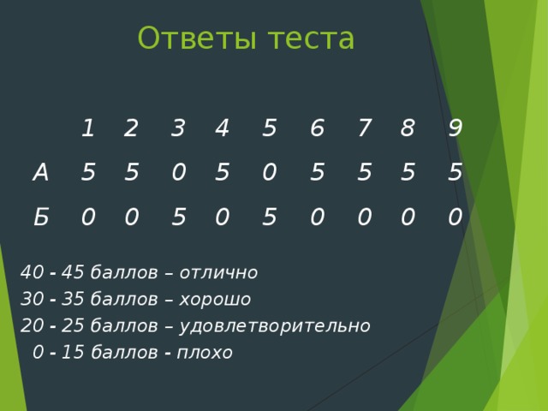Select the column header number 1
(87, 128)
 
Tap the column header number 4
(222, 128)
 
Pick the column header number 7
(364, 128)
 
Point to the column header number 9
(456, 128)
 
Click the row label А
(40, 173)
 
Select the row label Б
(40, 218)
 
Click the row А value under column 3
(178, 173)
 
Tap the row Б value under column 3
(178, 218)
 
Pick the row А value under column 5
(269, 173)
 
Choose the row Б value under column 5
(269, 218)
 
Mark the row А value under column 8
(408, 173)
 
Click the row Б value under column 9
(456, 218)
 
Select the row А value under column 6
(317, 173)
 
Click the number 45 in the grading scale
(73, 273)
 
